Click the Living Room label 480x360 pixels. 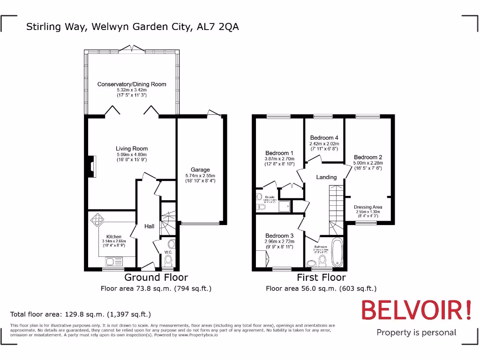click(132, 149)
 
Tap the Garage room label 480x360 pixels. click(200, 170)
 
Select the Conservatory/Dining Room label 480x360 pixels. click(132, 84)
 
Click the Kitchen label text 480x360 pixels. click(114, 237)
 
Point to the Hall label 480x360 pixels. click(149, 226)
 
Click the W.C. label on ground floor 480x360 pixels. click(168, 253)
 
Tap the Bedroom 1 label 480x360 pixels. click(279, 153)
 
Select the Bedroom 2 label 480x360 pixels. click(368, 157)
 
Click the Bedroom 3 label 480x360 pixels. click(279, 235)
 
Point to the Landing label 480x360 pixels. click(326, 177)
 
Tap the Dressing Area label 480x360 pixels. click(368, 207)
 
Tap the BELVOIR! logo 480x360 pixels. click(416, 311)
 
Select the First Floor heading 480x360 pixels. click(321, 277)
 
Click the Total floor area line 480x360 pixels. click(81, 314)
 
